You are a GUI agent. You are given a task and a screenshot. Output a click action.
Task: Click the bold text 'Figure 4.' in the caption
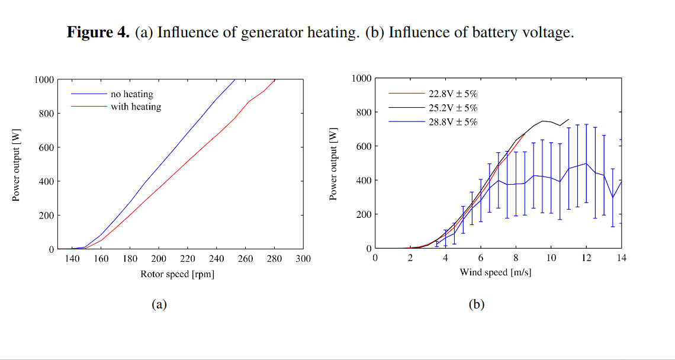point(98,32)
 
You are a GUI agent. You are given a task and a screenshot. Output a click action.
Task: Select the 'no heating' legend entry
point(131,94)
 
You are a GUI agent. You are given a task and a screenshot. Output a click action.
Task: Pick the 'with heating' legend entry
point(136,107)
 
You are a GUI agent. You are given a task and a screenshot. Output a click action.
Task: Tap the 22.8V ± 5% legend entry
point(453,93)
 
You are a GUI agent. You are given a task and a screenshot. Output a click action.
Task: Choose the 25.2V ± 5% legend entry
point(453,107)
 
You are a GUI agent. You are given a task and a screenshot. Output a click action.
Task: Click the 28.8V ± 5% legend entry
point(453,121)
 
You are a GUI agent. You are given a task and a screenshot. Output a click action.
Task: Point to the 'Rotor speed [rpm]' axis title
point(177,274)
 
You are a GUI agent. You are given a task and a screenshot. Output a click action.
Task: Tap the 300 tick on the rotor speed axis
point(303,259)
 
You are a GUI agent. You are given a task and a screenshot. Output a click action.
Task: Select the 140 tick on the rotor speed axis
point(72,259)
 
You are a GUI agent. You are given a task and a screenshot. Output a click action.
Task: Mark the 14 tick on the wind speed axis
point(621,258)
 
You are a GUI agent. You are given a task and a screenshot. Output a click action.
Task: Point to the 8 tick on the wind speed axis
point(516,258)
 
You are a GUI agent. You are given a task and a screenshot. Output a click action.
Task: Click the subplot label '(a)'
point(159,305)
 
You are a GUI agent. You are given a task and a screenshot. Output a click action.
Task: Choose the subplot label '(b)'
point(477,305)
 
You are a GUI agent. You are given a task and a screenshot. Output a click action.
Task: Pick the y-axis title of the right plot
point(333,163)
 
